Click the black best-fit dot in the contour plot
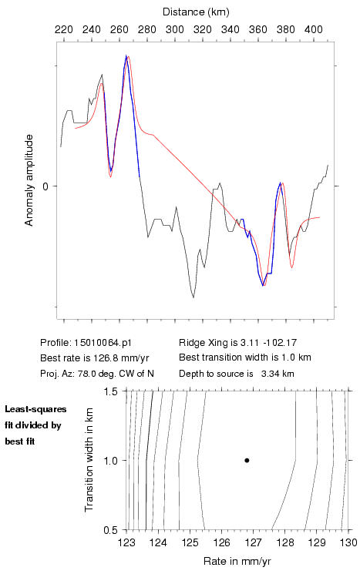247,460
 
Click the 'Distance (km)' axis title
196,12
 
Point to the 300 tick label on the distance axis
175,29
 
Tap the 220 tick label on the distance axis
64,29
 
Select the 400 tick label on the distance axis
314,29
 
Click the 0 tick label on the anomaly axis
45,186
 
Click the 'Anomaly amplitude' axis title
29,180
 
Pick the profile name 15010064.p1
103,343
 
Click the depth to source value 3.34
269,374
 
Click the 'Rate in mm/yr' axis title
237,561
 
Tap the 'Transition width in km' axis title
89,460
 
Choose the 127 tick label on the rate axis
253,542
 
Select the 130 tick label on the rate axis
348,542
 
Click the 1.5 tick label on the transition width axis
110,391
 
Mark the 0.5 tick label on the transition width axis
110,530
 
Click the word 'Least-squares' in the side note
35,409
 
